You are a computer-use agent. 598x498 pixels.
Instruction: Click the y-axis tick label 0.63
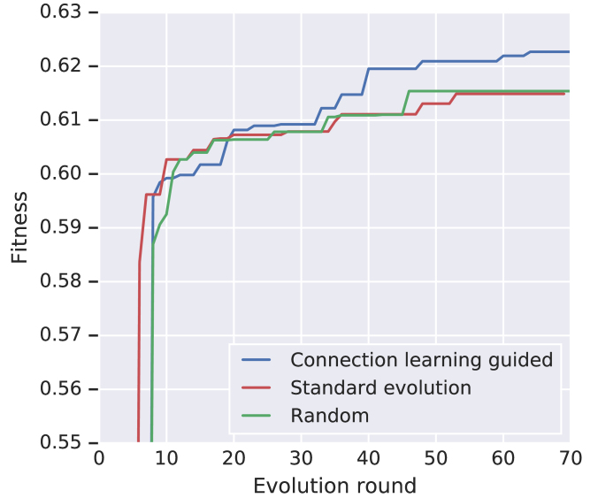[x=59, y=12]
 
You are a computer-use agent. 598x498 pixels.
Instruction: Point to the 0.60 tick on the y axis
[x=59, y=174]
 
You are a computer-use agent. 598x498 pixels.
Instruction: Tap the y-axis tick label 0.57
[x=59, y=335]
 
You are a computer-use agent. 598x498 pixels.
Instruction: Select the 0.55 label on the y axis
[x=59, y=442]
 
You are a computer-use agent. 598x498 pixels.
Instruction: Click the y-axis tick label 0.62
[x=59, y=66]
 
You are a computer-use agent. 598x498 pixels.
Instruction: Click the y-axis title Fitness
[x=20, y=227]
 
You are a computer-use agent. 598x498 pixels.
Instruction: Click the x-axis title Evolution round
[x=334, y=486]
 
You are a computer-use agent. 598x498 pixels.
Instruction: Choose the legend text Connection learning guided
[x=421, y=360]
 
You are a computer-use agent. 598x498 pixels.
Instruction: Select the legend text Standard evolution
[x=380, y=387]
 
